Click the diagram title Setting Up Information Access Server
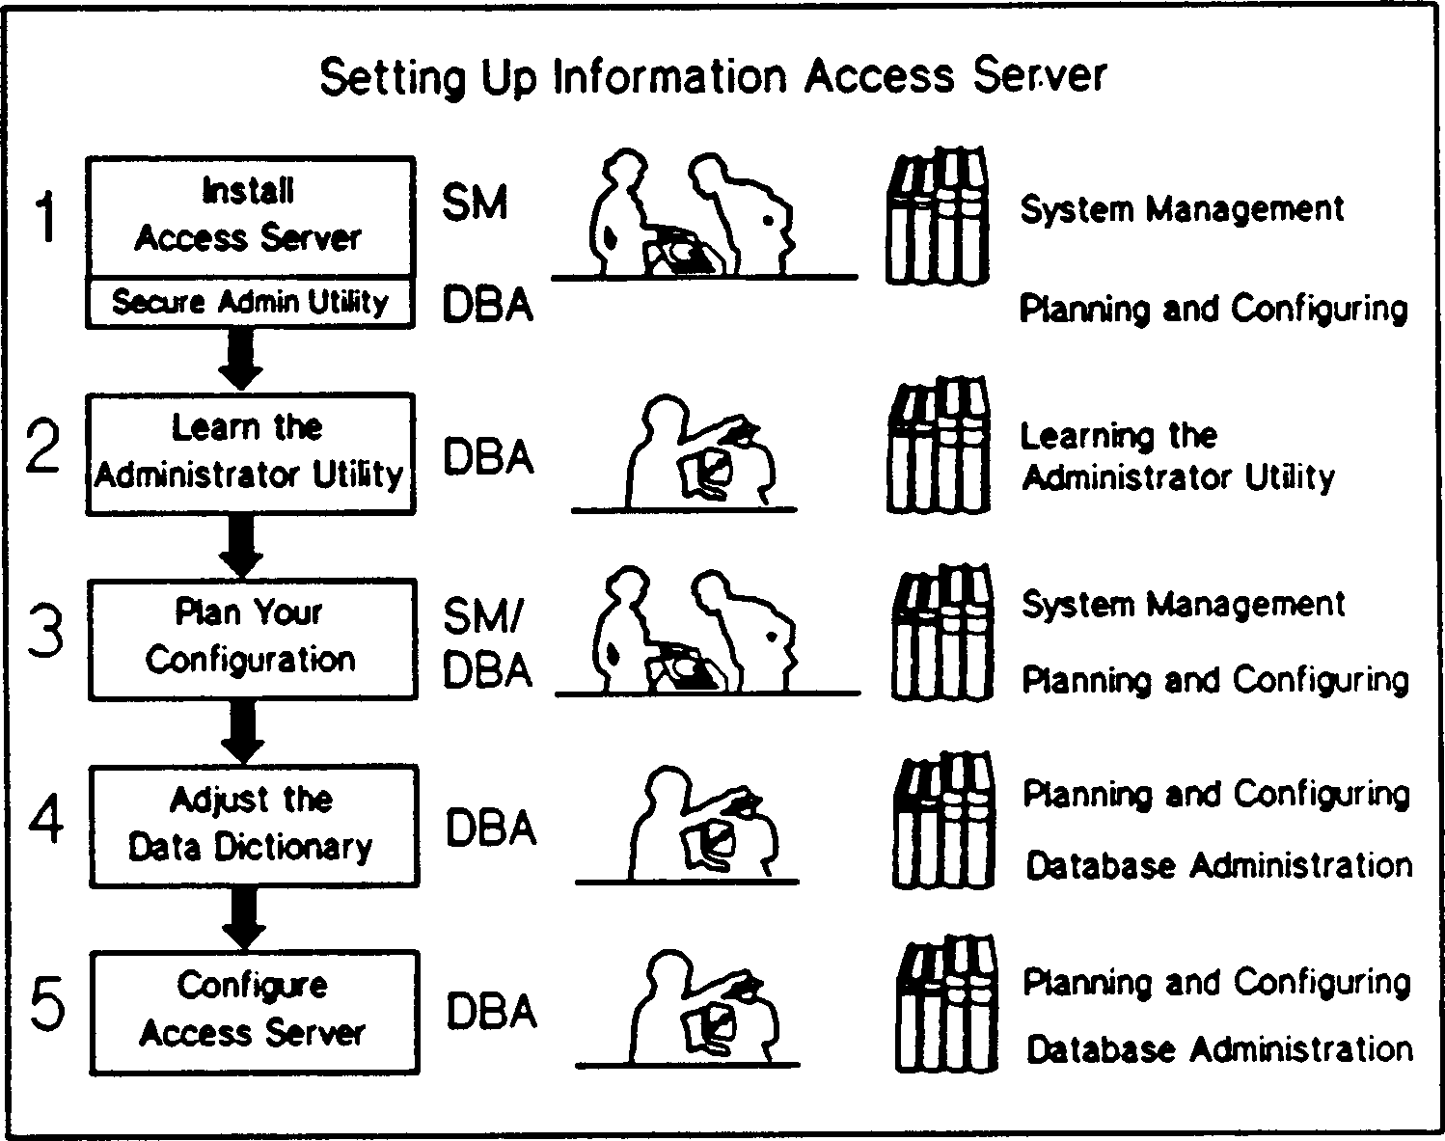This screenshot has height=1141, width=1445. [x=713, y=77]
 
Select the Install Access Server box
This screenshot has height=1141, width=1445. [x=250, y=216]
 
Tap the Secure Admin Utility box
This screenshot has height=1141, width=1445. [x=250, y=302]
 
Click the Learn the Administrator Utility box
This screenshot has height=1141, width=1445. [x=250, y=452]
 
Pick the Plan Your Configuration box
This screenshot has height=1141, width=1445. [x=252, y=638]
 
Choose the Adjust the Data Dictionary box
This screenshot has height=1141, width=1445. [x=253, y=826]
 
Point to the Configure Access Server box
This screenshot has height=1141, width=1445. [x=254, y=1011]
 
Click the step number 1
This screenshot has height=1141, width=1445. [x=45, y=217]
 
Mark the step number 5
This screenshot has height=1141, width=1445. [x=48, y=1005]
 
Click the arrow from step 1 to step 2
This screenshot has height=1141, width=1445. [x=240, y=359]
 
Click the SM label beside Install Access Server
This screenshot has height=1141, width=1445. [x=475, y=204]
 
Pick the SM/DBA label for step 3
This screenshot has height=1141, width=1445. [x=487, y=643]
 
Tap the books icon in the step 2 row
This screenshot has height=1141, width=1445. [x=939, y=446]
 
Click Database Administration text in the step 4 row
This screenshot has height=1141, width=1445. [x=1218, y=865]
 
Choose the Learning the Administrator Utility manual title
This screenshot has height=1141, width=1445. [x=1177, y=456]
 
